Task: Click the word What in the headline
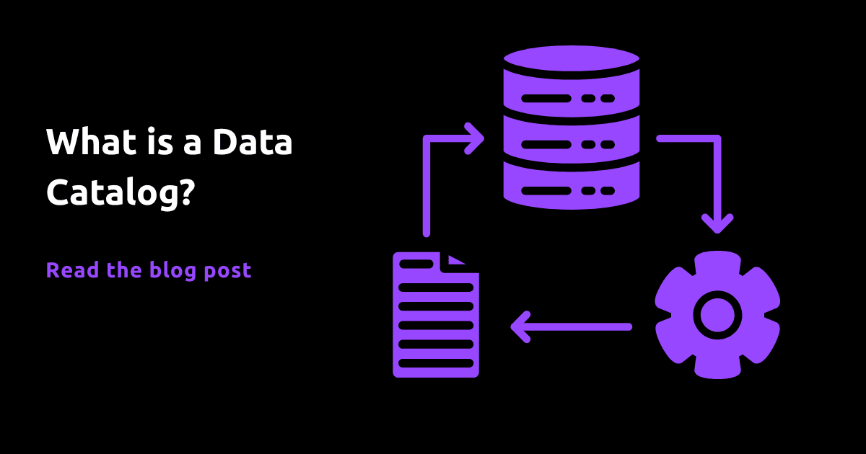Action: (x=91, y=141)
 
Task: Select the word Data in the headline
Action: (x=253, y=141)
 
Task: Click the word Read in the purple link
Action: (x=73, y=270)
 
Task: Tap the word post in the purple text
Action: (x=227, y=271)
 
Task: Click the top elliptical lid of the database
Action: (x=572, y=58)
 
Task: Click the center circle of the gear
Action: (x=717, y=315)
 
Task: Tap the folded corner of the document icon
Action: (x=456, y=260)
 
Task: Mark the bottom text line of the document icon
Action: (x=436, y=363)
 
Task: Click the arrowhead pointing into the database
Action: (x=475, y=138)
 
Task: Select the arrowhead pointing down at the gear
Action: (x=717, y=224)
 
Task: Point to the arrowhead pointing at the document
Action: (x=520, y=327)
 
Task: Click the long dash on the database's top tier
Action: (x=546, y=99)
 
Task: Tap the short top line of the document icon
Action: (x=416, y=264)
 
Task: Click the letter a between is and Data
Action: (x=192, y=144)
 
